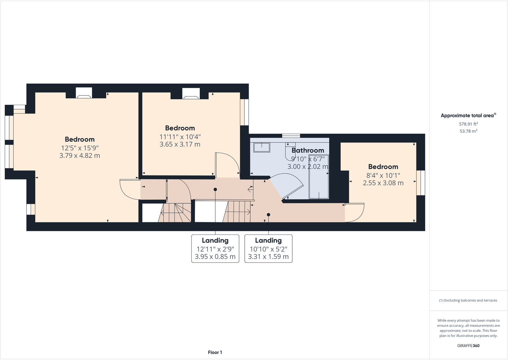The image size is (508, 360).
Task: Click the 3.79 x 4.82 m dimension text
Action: (x=80, y=156)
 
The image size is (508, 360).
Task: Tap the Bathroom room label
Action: (x=308, y=150)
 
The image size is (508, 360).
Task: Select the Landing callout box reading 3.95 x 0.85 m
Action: (x=215, y=249)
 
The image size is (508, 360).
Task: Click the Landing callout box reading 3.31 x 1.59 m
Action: (x=268, y=249)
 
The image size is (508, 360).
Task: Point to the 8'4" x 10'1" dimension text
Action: (x=383, y=175)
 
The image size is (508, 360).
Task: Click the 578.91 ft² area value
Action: (x=468, y=124)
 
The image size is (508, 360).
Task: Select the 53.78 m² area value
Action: (x=468, y=131)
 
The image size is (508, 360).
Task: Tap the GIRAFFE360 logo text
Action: (x=468, y=346)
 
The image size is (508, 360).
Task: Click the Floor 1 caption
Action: (x=215, y=352)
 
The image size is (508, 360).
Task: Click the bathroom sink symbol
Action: (x=262, y=147)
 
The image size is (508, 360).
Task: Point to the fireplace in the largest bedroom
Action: (x=84, y=93)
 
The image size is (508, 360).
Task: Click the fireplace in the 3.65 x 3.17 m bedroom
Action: (x=191, y=93)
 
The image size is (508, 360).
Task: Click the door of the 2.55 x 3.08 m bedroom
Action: (x=355, y=212)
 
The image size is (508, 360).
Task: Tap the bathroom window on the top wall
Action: (x=291, y=136)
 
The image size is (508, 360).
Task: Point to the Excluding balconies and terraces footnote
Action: (x=468, y=300)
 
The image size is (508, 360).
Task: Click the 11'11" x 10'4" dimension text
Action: (x=180, y=137)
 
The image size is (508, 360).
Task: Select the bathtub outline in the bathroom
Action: (x=319, y=184)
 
